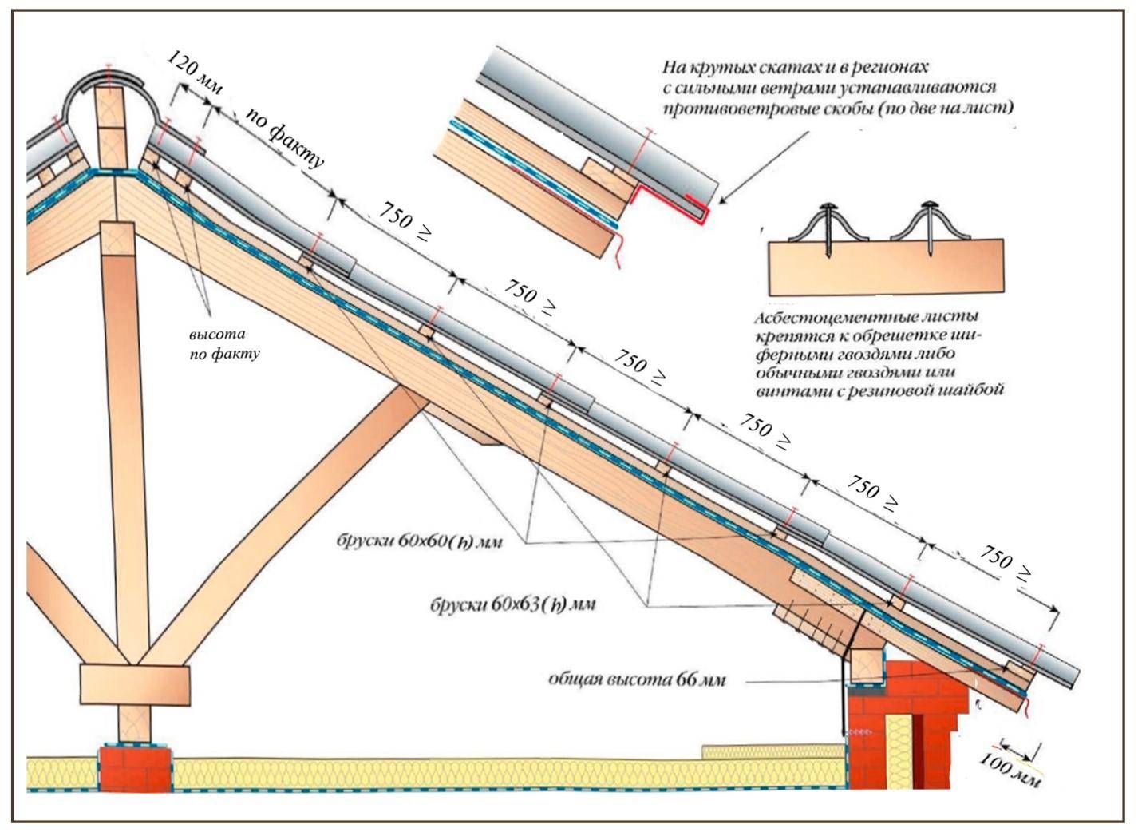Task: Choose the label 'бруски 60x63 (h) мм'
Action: (512, 604)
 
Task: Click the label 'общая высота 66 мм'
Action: (637, 680)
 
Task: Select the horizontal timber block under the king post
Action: (135, 683)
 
